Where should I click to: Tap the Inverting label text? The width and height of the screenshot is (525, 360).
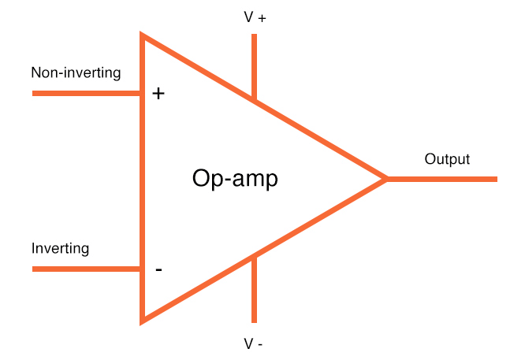click(60, 249)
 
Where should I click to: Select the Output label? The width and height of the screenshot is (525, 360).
click(447, 159)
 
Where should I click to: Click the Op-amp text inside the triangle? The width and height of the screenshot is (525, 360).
click(235, 179)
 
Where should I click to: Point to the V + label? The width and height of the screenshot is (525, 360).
click(255, 17)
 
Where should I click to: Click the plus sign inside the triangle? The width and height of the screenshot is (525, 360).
click(158, 94)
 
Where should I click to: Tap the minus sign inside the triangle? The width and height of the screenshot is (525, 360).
click(158, 270)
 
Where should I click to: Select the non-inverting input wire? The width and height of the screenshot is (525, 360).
click(87, 94)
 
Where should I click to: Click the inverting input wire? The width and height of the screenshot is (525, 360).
click(87, 269)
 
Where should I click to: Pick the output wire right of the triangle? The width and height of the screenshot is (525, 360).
click(441, 179)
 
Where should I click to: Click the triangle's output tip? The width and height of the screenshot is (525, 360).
click(385, 179)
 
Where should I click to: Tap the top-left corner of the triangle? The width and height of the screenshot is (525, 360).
click(143, 36)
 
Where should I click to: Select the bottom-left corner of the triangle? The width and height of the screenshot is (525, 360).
click(143, 320)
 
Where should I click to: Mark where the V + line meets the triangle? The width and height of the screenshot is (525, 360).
click(254, 99)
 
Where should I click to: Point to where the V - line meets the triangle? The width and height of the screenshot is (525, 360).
click(254, 257)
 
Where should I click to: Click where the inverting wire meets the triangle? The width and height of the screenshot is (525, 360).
click(142, 269)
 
